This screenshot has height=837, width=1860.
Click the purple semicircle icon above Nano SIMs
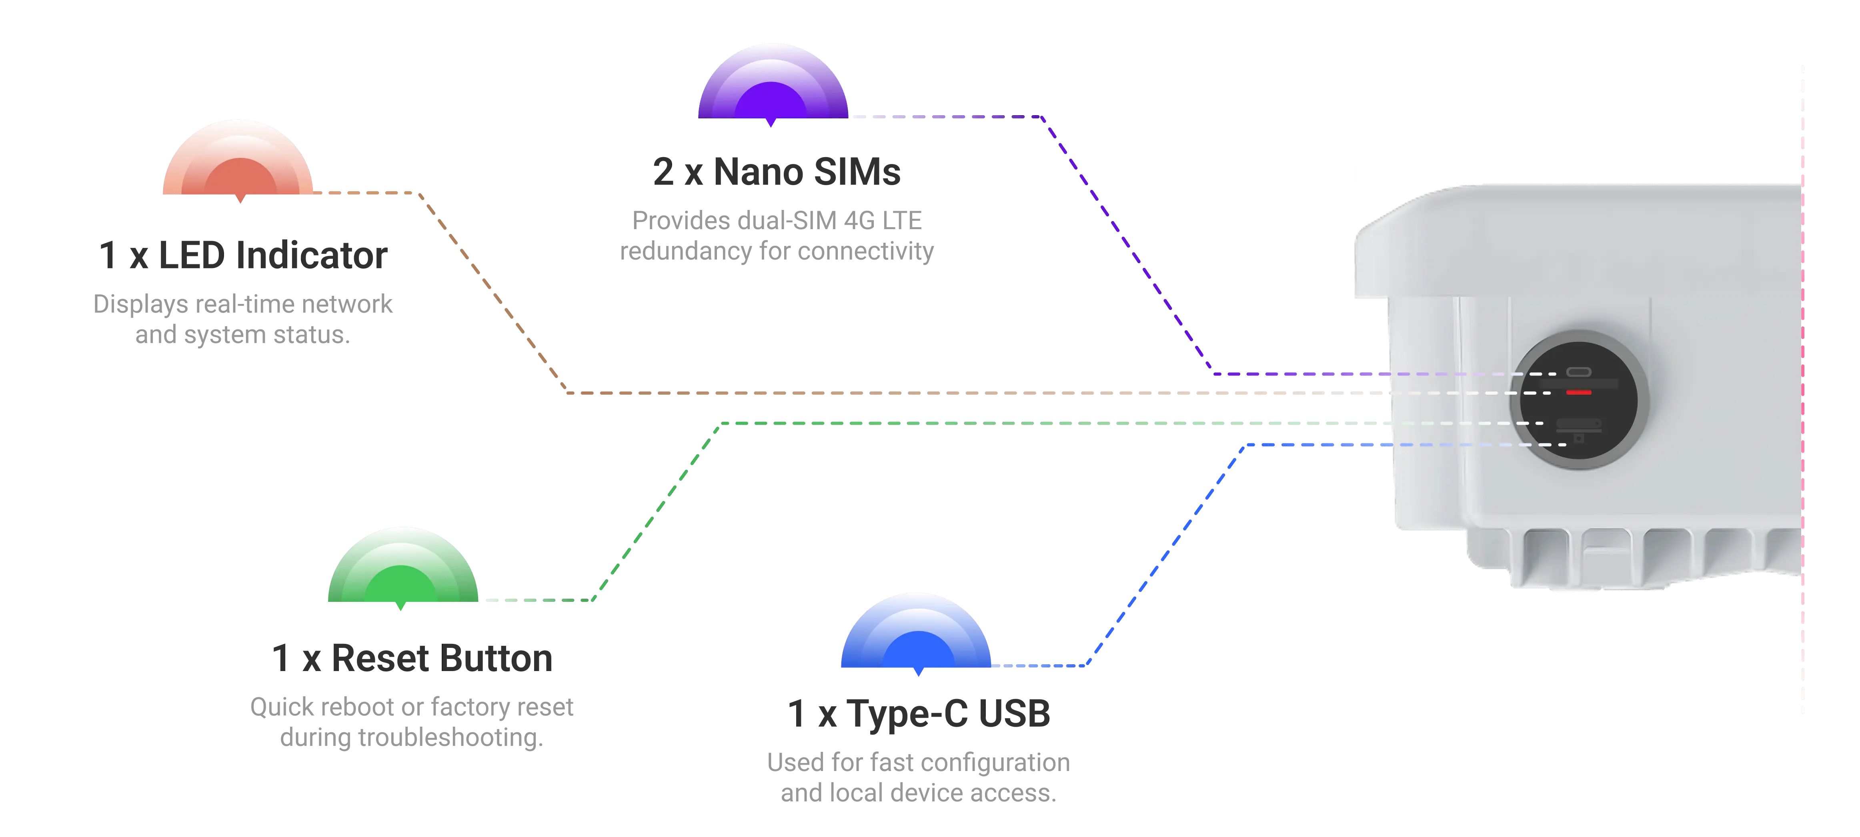tap(772, 83)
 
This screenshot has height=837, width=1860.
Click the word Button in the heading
tap(497, 658)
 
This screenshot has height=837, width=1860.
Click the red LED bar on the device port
tap(1578, 393)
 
